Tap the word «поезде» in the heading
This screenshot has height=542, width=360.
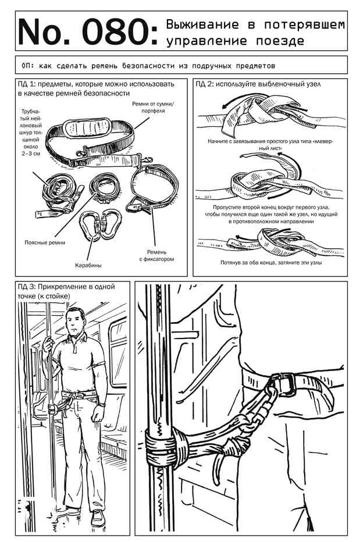coord(280,41)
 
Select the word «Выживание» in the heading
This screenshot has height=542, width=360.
coord(202,24)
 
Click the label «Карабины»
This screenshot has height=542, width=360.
coord(88,265)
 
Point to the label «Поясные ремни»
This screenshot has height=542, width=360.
coord(45,243)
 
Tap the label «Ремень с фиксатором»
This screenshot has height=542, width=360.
coord(156,255)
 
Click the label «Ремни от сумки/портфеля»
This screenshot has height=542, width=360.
coord(153,107)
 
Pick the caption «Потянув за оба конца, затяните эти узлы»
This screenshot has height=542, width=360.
coord(271,263)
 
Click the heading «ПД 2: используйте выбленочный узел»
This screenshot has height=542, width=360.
coord(258,84)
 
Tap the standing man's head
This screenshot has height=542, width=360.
coord(76,320)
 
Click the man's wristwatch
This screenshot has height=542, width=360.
coord(101,403)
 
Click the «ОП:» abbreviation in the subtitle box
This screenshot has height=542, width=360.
coord(28,65)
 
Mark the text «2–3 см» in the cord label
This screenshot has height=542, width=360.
coord(31,153)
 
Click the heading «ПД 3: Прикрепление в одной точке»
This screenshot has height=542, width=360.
coord(66,291)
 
